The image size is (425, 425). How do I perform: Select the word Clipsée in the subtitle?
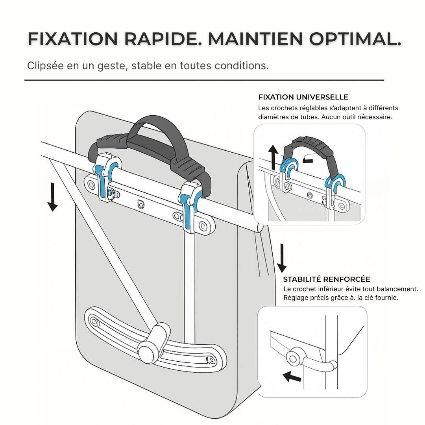click(x=42, y=66)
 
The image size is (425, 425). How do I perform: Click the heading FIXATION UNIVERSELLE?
click(x=303, y=97)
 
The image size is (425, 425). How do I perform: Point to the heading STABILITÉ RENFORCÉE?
click(x=326, y=279)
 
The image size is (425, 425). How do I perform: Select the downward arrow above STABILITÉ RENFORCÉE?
click(x=281, y=258)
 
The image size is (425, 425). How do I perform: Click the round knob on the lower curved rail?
click(x=146, y=350)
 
